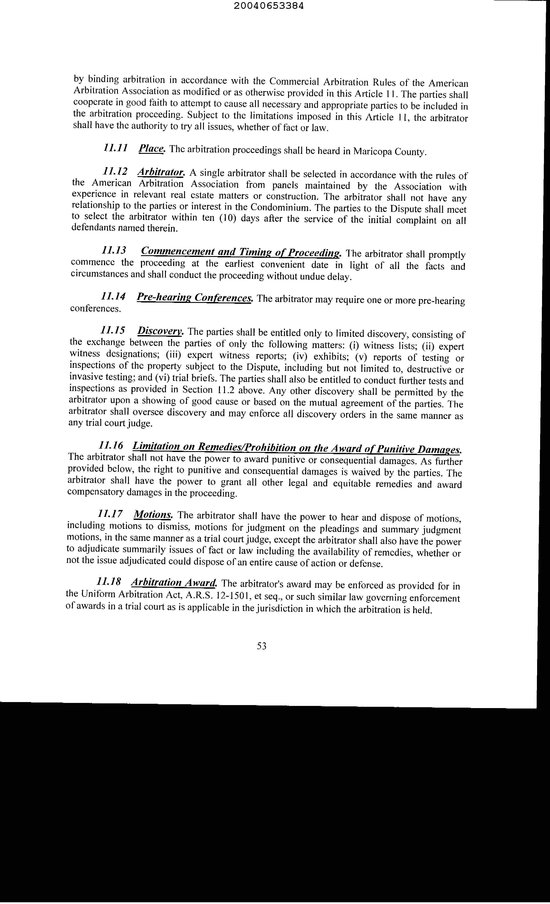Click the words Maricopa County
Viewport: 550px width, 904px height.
390,151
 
